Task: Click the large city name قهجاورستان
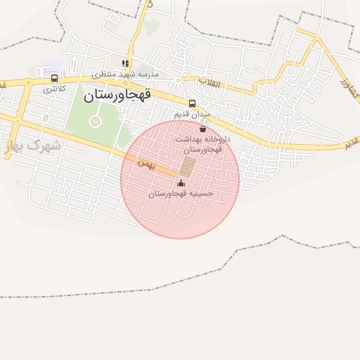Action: [x=128, y=96]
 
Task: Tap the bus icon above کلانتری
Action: [x=55, y=78]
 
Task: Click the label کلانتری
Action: [x=54, y=89]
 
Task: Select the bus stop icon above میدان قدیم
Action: [x=192, y=103]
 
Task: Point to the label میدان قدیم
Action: [x=191, y=114]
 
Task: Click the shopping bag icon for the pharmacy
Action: [x=203, y=129]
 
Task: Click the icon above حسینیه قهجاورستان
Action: [x=181, y=183]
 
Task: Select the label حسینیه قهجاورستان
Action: [x=181, y=193]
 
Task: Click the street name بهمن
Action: [x=145, y=163]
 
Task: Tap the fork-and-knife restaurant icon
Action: [x=125, y=63]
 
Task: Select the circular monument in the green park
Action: [x=95, y=121]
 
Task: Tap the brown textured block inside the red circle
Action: [x=188, y=167]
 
